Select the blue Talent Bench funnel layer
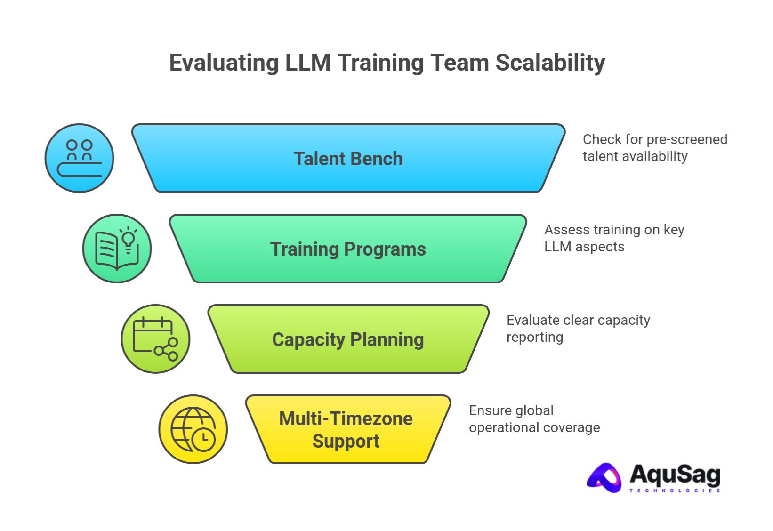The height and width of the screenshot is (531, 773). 348,159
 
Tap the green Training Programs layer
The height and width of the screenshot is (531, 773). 348,249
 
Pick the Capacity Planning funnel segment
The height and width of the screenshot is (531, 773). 348,339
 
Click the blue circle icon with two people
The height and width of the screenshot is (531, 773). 80,158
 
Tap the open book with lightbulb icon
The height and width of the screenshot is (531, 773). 117,249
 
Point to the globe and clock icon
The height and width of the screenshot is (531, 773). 193,429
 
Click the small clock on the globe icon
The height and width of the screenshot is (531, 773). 203,439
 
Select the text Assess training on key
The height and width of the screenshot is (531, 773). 614,230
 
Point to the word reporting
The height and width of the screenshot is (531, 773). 534,337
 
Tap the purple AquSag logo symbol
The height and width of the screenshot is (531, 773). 604,478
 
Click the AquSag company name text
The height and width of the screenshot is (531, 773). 675,475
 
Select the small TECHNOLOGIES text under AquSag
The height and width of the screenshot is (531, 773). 675,491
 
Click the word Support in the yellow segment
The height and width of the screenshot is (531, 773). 346,441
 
